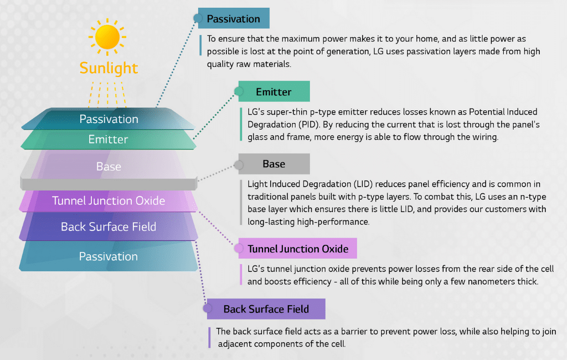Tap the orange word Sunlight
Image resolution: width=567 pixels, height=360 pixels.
tap(109, 68)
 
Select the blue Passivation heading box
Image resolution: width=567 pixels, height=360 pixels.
tap(233, 19)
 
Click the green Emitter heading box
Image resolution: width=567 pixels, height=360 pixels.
tap(274, 92)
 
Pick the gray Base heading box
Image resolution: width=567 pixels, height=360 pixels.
tap(274, 164)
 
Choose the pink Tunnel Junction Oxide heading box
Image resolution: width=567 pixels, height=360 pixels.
tap(298, 249)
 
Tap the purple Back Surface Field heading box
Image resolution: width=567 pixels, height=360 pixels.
tap(266, 309)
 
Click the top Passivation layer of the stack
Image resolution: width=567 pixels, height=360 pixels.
tap(109, 119)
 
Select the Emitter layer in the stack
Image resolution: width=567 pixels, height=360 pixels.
tap(109, 140)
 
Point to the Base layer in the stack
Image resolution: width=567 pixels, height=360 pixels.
tap(109, 166)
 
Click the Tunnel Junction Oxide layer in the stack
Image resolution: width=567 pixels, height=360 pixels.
tap(109, 200)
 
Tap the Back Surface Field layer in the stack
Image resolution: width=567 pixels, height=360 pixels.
tap(109, 227)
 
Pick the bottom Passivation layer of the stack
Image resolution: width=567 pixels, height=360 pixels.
tap(109, 256)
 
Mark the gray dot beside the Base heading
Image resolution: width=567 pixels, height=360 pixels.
tap(239, 164)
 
